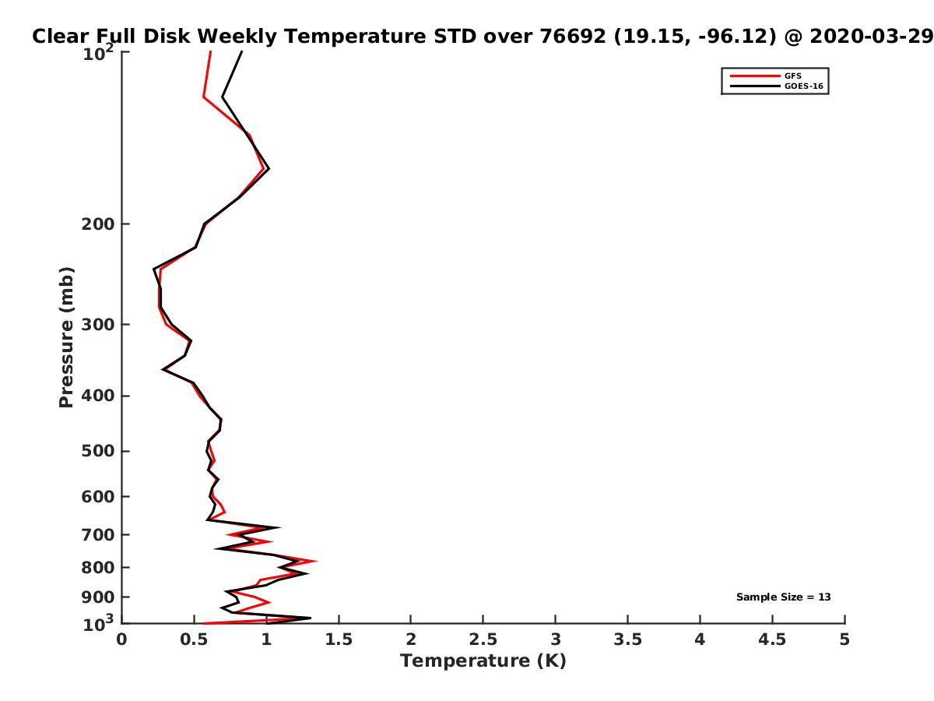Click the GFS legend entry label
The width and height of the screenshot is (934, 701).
tap(792, 76)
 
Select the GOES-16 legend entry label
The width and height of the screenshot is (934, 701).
tap(803, 86)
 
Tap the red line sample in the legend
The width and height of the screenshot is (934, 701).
tap(755, 76)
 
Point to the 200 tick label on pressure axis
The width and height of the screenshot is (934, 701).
tap(98, 224)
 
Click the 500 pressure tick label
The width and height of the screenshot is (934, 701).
tap(98, 451)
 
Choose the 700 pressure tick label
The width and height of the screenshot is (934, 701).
tap(98, 535)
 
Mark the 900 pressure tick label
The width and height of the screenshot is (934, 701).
tap(98, 597)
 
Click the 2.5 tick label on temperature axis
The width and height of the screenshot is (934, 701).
tap(483, 639)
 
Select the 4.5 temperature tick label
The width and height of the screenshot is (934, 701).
tap(772, 639)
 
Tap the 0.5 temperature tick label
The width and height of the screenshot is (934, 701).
tap(194, 639)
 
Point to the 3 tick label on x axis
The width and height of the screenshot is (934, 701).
tap(555, 639)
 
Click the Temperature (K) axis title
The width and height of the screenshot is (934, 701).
tap(483, 661)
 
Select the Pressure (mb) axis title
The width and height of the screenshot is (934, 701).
tap(66, 337)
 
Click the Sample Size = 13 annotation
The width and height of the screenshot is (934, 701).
tap(783, 597)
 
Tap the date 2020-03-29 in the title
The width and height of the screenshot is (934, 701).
tap(871, 37)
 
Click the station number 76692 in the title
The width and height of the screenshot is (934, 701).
tap(573, 37)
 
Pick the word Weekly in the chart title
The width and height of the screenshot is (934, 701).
tap(237, 37)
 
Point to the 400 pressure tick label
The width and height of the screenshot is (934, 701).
tap(98, 396)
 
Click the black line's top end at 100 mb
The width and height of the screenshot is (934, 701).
tap(242, 51)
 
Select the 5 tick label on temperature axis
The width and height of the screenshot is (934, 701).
tap(844, 639)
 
